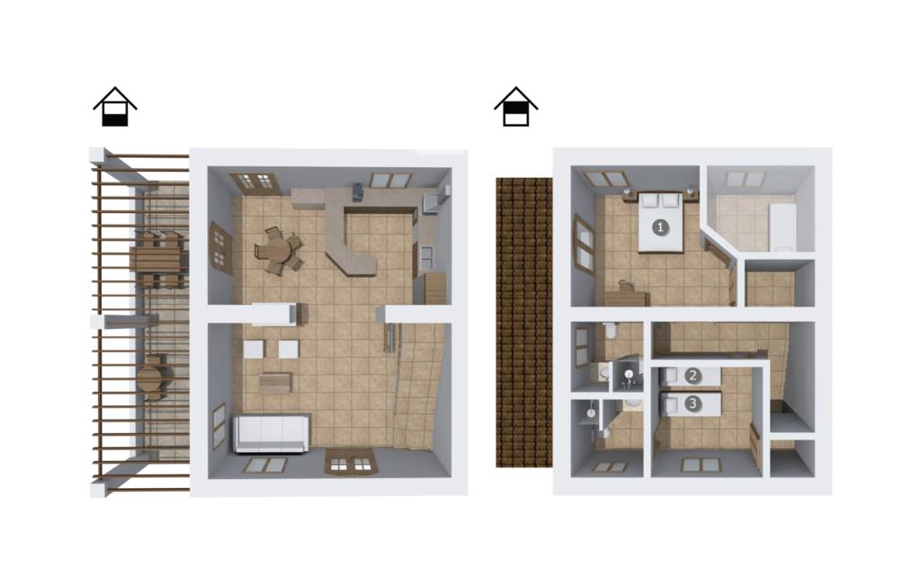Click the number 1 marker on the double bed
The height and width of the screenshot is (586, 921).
coord(660,226)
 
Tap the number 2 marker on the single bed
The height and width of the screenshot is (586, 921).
coord(693,375)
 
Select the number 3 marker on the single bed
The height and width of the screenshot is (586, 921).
coord(693,404)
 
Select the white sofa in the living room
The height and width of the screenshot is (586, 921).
coord(272,433)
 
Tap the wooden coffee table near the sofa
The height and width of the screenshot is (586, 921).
coord(275,384)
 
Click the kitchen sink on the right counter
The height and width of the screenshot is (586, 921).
coord(426,254)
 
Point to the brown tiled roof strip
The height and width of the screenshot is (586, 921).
coord(524,323)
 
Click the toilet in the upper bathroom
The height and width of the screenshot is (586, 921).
coord(612,333)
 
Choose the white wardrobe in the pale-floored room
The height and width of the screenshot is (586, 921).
coord(782,226)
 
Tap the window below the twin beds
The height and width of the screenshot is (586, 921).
coord(701,465)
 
